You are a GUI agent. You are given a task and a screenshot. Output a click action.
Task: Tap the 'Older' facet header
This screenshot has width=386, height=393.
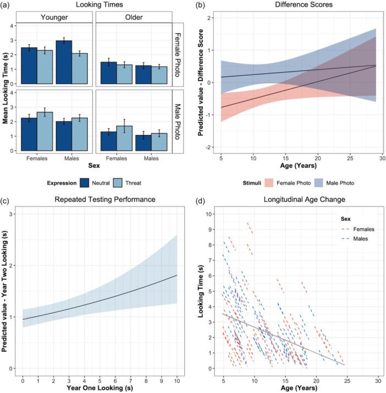(134, 17)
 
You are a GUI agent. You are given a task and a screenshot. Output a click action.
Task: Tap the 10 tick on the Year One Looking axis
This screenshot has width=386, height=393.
(175, 380)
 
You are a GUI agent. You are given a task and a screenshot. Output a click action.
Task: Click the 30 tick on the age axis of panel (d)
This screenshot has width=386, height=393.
(378, 380)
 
